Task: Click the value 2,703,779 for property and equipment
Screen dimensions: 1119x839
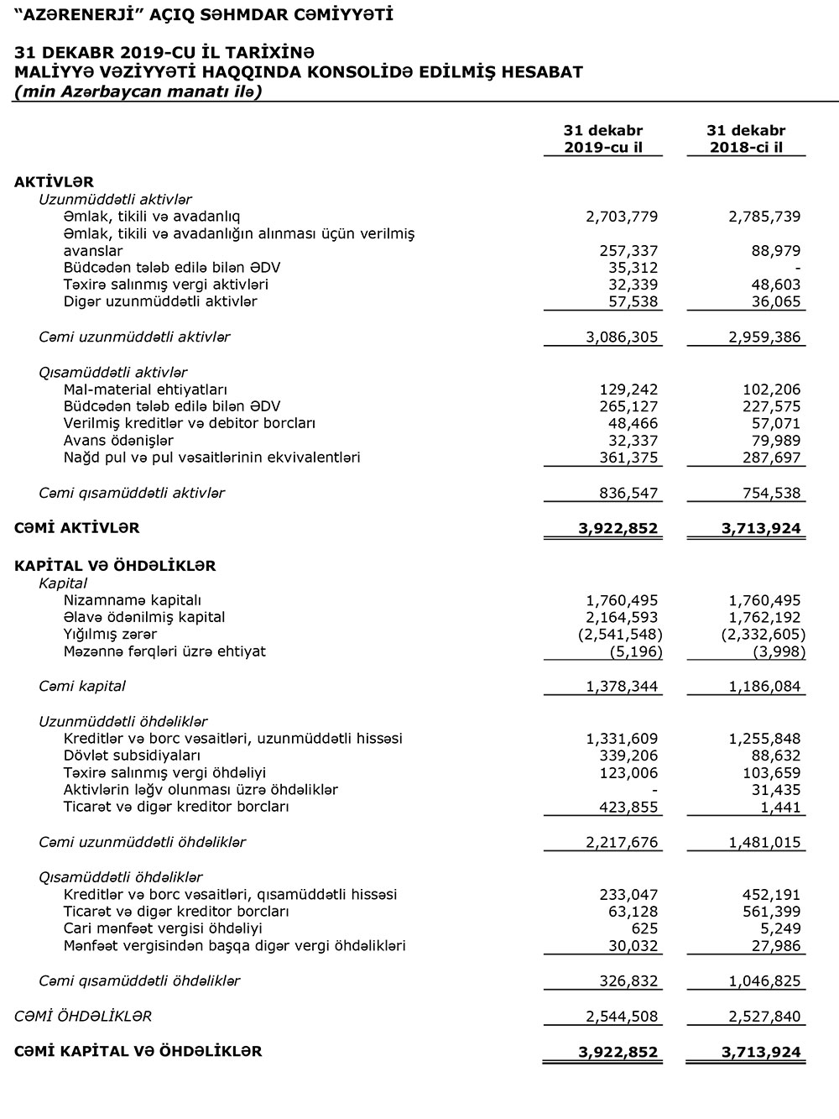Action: (x=621, y=217)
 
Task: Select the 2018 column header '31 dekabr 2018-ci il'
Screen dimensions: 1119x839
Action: (x=746, y=139)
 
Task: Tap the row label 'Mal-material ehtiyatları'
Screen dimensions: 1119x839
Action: (x=145, y=390)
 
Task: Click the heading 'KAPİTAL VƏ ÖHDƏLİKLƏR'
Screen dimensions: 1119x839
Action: (x=115, y=566)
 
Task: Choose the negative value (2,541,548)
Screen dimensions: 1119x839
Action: (x=620, y=635)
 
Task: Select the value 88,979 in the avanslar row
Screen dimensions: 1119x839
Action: (x=775, y=251)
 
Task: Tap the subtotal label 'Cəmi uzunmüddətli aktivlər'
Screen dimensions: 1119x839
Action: (x=134, y=337)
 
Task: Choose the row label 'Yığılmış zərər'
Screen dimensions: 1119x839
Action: (x=110, y=635)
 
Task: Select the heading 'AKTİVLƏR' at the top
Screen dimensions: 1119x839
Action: (x=54, y=182)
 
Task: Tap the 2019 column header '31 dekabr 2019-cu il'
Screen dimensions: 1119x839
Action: (x=603, y=139)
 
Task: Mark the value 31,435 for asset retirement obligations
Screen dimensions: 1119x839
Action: (x=775, y=790)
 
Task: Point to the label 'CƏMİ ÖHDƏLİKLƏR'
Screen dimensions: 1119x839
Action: (x=83, y=1016)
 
